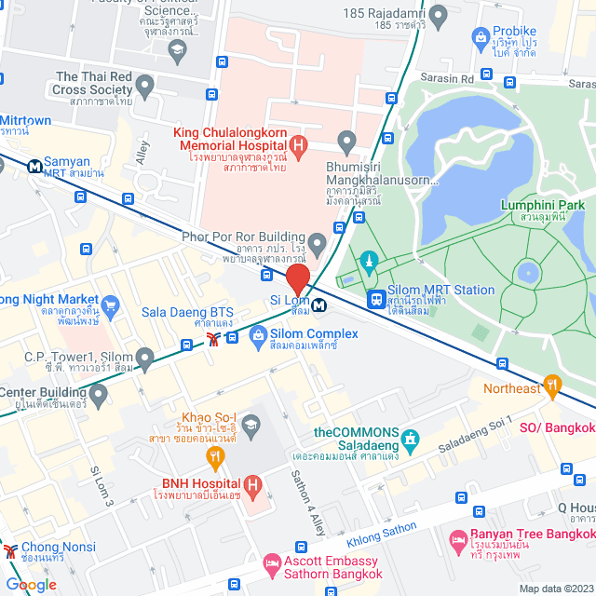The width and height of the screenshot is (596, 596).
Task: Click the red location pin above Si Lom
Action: tap(297, 278)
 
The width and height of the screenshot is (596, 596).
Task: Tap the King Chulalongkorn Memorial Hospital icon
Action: tap(298, 144)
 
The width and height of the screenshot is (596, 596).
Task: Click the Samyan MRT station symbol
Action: tap(34, 167)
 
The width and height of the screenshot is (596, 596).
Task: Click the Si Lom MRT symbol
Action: tap(319, 305)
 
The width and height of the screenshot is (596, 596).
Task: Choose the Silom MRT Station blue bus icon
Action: tap(377, 299)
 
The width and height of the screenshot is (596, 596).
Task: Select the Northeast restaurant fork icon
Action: tap(553, 383)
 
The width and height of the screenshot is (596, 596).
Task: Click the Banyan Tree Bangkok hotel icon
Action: tap(458, 539)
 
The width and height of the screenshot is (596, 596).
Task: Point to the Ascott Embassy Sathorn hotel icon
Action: tap(271, 563)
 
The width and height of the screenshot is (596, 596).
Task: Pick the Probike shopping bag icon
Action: tap(481, 36)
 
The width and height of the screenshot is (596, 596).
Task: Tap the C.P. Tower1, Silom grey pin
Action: tap(144, 357)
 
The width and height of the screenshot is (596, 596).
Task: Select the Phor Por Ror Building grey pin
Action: tap(318, 246)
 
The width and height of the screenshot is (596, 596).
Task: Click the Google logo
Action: tap(31, 584)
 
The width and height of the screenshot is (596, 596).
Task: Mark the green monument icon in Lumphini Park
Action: tap(370, 259)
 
